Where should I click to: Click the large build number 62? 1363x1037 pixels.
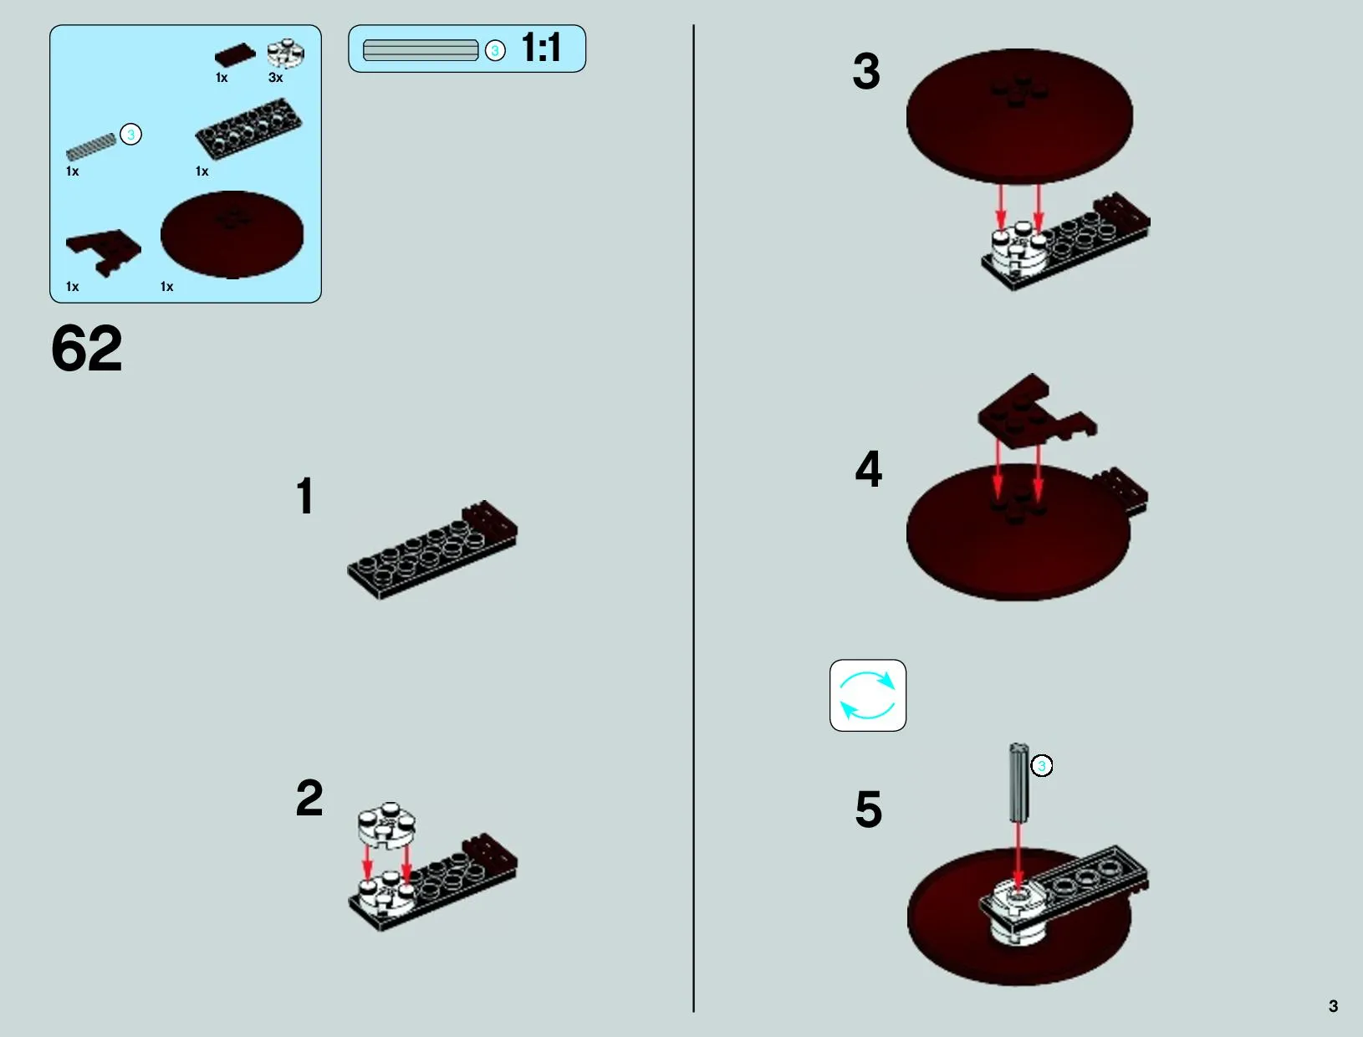[x=86, y=349]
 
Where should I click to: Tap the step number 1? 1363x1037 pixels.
[x=305, y=496]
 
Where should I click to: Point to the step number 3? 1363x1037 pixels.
[x=866, y=71]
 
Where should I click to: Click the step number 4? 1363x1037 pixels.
[x=868, y=469]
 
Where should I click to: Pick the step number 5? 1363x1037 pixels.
[x=868, y=809]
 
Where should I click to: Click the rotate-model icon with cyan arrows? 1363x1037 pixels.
[x=867, y=695]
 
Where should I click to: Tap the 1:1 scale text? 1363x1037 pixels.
[x=542, y=47]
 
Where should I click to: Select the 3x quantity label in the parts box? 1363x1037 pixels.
[x=275, y=78]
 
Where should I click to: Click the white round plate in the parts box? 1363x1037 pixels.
[x=286, y=53]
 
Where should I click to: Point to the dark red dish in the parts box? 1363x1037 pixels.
[x=232, y=235]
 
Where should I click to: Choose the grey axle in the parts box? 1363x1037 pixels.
[x=91, y=146]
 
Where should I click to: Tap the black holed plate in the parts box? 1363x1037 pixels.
[x=248, y=129]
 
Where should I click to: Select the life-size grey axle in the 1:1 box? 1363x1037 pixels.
[x=421, y=50]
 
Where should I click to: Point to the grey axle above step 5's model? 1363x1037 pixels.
[x=1018, y=783]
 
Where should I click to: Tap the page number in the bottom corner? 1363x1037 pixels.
[x=1333, y=1006]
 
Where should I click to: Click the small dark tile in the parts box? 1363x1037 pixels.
[x=235, y=54]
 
